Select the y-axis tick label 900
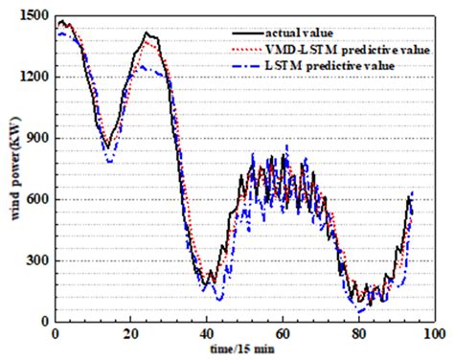pos(36,138)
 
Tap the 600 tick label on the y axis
pos(36,199)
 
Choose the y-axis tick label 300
pos(36,260)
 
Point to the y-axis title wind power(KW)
pos(11,169)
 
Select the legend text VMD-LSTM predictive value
pos(342,46)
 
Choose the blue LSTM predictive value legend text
pos(330,64)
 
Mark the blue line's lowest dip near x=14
pos(110,161)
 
